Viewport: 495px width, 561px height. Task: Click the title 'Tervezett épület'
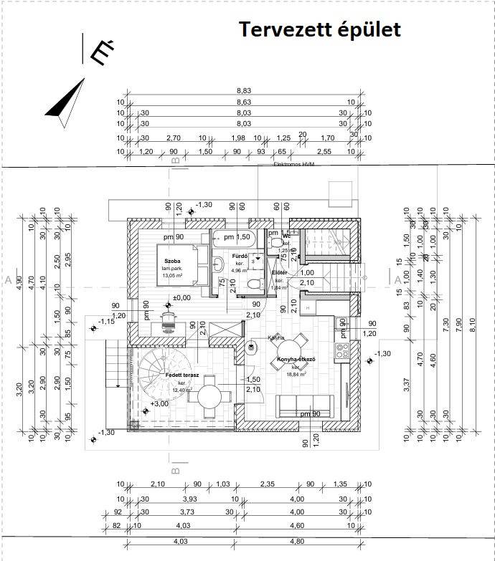(320, 29)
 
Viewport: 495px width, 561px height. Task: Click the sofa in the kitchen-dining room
(306, 406)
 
